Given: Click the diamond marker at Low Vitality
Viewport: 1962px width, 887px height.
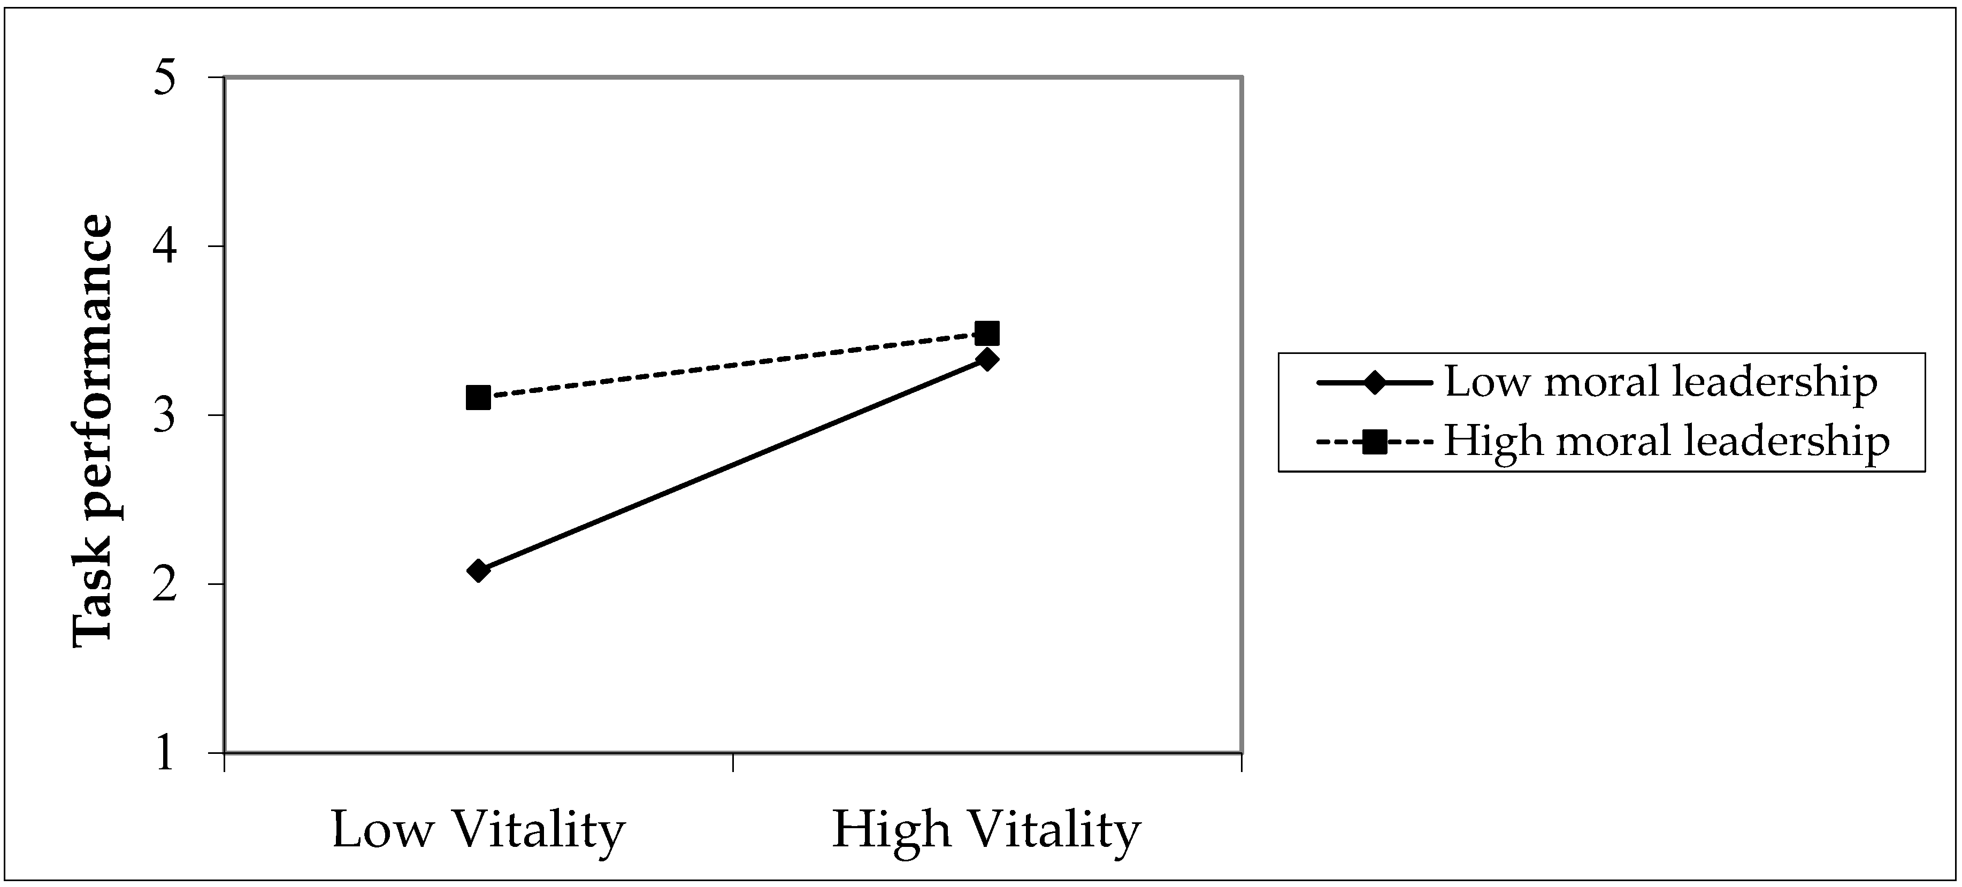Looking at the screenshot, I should point(478,570).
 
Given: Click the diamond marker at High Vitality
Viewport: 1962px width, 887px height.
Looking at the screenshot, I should point(987,359).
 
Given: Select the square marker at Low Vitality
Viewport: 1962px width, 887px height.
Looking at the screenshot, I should point(478,397).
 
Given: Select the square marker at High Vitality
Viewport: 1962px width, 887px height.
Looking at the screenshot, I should point(987,334).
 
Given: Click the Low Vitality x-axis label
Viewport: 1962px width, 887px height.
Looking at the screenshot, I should point(478,829).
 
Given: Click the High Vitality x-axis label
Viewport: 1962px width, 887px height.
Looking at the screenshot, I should point(986,829).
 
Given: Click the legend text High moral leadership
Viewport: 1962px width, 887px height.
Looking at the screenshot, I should point(1667,442).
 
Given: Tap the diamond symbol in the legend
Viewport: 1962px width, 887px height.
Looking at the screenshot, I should point(1375,383).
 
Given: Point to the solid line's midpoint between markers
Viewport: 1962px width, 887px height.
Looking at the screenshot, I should point(732,465).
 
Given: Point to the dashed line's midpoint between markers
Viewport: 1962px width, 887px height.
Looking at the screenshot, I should point(732,366).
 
